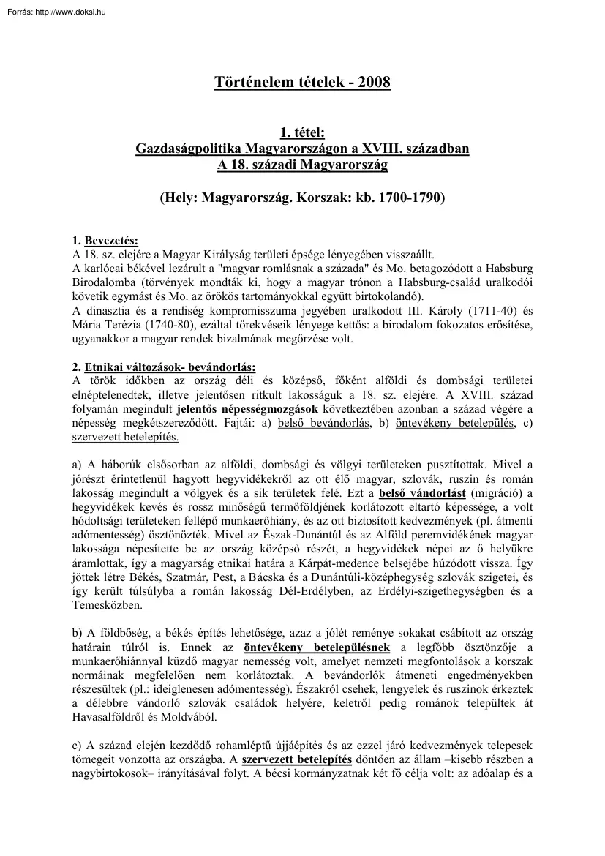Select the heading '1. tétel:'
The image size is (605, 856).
[302, 132]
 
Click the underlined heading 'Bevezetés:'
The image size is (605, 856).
[111, 241]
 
